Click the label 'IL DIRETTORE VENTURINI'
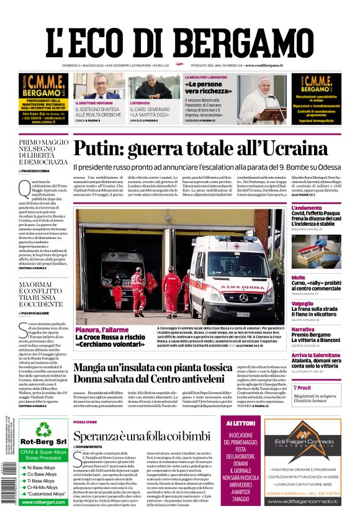[94, 103]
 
